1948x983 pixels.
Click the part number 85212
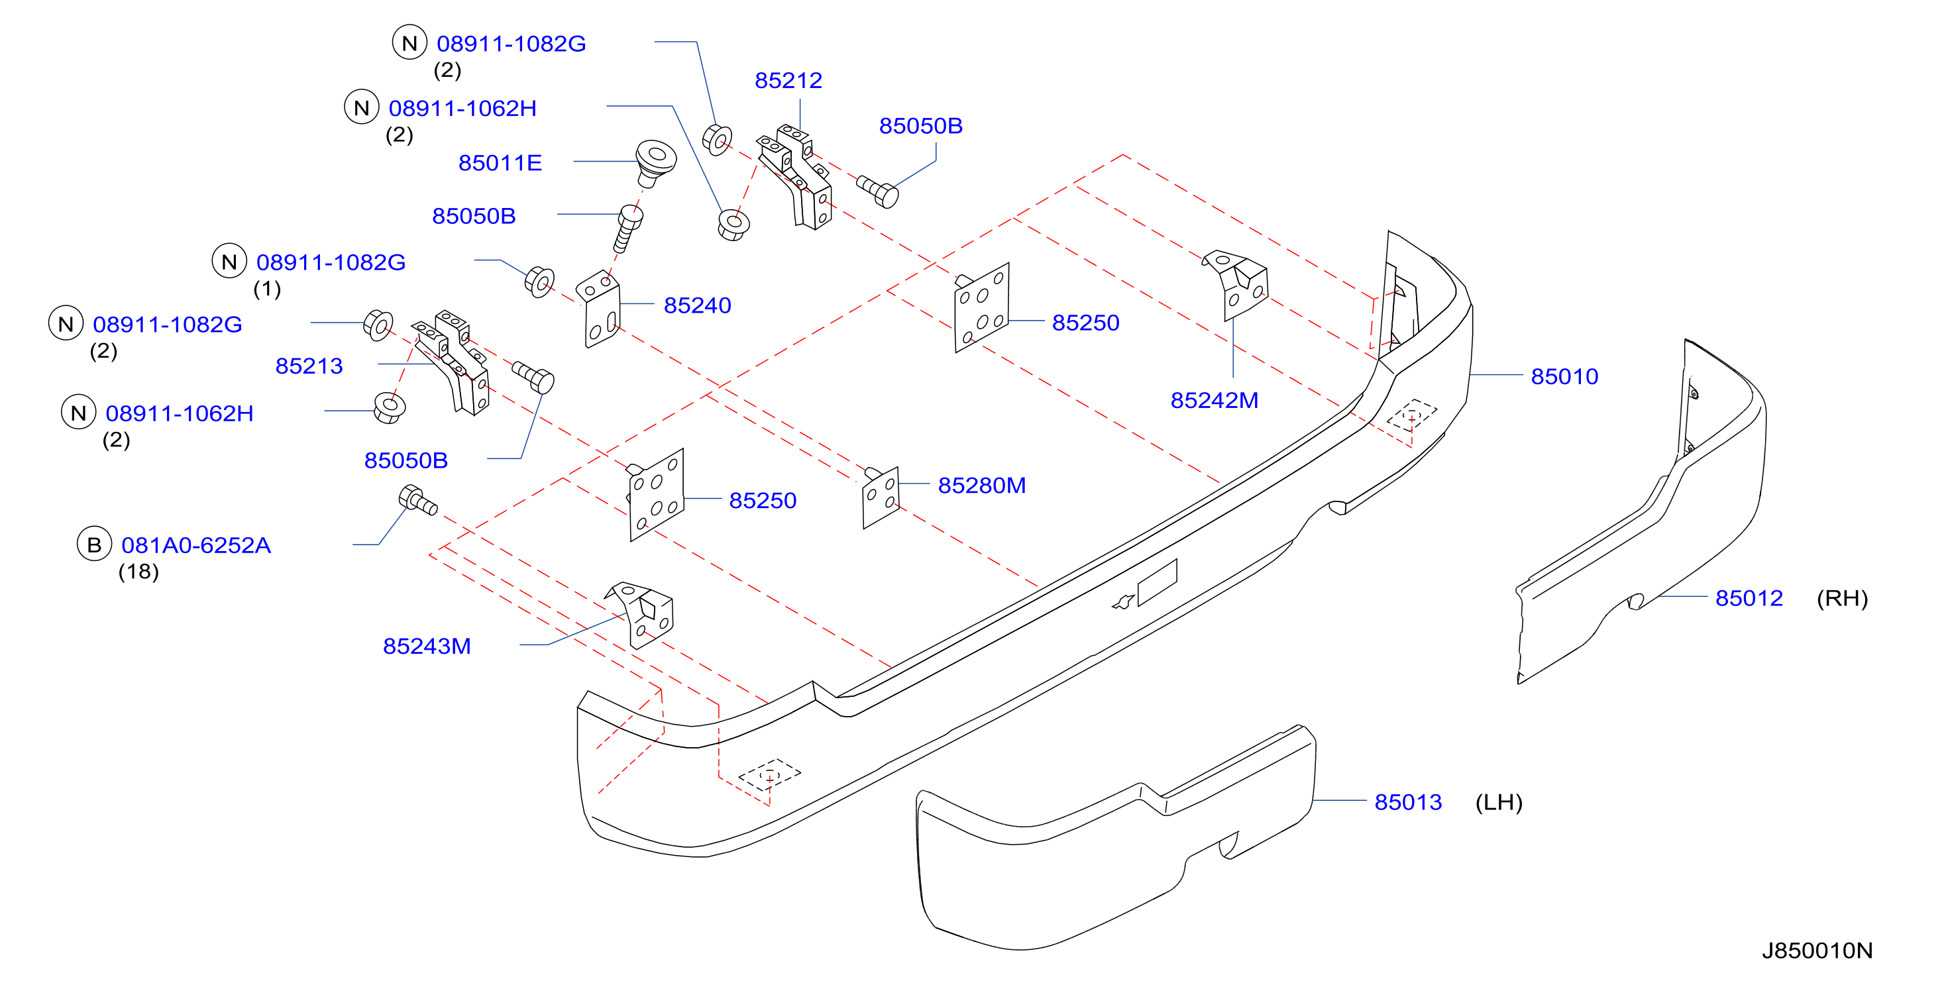point(788,80)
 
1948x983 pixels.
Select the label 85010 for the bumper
point(1564,376)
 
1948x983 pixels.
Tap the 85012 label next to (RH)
point(1749,598)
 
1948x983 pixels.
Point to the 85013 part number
point(1407,802)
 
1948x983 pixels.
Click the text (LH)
point(1498,802)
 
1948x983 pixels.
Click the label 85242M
point(1215,400)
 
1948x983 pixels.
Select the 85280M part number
point(981,486)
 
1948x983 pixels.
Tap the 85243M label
point(427,646)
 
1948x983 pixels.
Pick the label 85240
point(697,305)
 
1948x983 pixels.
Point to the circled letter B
point(94,544)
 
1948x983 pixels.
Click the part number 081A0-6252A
point(196,545)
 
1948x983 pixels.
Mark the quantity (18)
point(138,572)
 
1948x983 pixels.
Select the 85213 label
point(309,366)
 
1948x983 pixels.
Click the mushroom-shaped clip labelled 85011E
point(655,162)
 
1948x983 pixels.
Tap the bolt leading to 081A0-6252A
point(417,501)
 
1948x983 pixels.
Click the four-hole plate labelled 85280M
point(880,497)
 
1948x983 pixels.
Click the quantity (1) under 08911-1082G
point(267,289)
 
